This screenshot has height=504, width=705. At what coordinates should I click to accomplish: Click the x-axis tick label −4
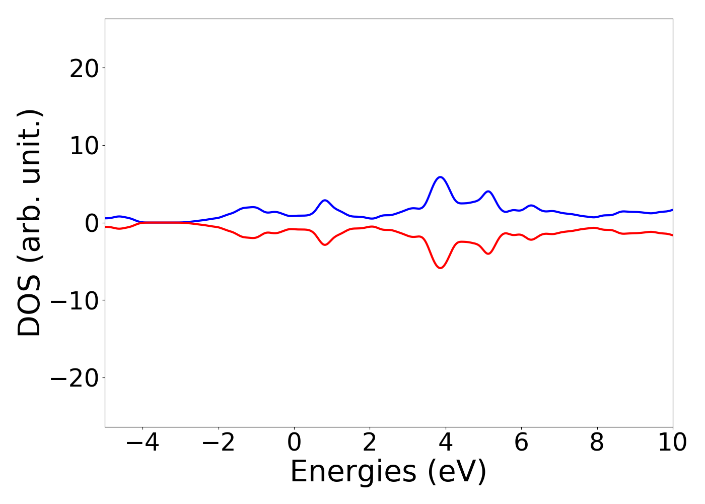click(143, 443)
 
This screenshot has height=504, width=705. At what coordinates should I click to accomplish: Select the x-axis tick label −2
click(218, 443)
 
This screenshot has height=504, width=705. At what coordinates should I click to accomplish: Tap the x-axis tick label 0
click(294, 443)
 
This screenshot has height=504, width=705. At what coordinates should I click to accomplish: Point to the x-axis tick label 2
click(370, 443)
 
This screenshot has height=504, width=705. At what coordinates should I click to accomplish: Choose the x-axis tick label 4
click(446, 443)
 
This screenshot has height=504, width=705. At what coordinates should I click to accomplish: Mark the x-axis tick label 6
click(521, 443)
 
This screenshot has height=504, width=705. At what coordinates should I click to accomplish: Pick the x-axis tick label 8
click(597, 443)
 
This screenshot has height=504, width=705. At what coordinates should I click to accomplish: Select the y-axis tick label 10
click(84, 146)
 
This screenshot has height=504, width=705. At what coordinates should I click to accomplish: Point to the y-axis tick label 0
click(91, 223)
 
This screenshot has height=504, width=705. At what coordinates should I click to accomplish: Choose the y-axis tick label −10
click(74, 300)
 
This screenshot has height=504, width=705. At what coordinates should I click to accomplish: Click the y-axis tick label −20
click(74, 378)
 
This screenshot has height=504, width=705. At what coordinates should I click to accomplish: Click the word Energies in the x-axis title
click(353, 472)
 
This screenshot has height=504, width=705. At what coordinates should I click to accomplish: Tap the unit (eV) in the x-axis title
click(457, 472)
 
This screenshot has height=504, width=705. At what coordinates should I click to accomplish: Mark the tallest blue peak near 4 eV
click(441, 177)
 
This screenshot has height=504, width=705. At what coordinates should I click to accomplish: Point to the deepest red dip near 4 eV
click(441, 268)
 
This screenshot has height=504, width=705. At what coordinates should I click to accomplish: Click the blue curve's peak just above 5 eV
click(488, 192)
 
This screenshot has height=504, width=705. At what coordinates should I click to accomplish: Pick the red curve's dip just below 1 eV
click(325, 245)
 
